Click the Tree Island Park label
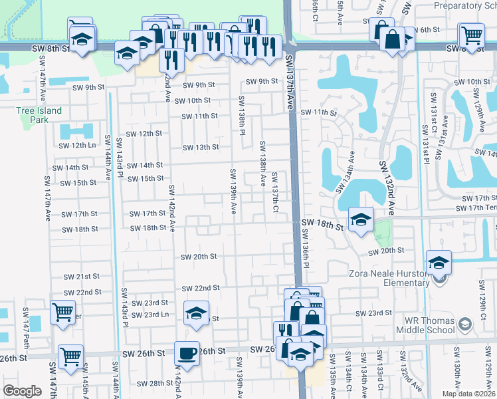pyautogui.click(x=40, y=115)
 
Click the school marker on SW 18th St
pyautogui.click(x=360, y=219)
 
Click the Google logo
pyautogui.click(x=22, y=391)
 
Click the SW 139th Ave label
pyautogui.click(x=233, y=192)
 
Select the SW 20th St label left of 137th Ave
pyautogui.click(x=199, y=257)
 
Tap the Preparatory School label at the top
pyautogui.click(x=465, y=5)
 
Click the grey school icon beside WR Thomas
pyautogui.click(x=465, y=325)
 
